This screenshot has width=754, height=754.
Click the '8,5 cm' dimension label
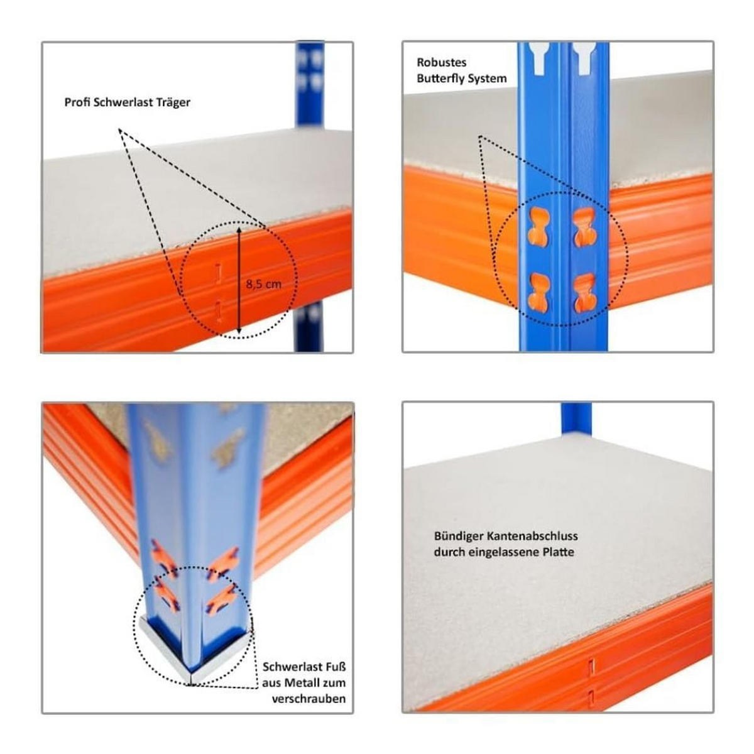point(264,284)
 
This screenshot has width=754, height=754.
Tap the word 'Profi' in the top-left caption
point(77,102)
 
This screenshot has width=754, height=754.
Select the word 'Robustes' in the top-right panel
point(441,63)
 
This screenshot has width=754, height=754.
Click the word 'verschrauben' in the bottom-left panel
point(309,699)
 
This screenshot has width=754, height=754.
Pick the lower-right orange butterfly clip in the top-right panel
point(584,293)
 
